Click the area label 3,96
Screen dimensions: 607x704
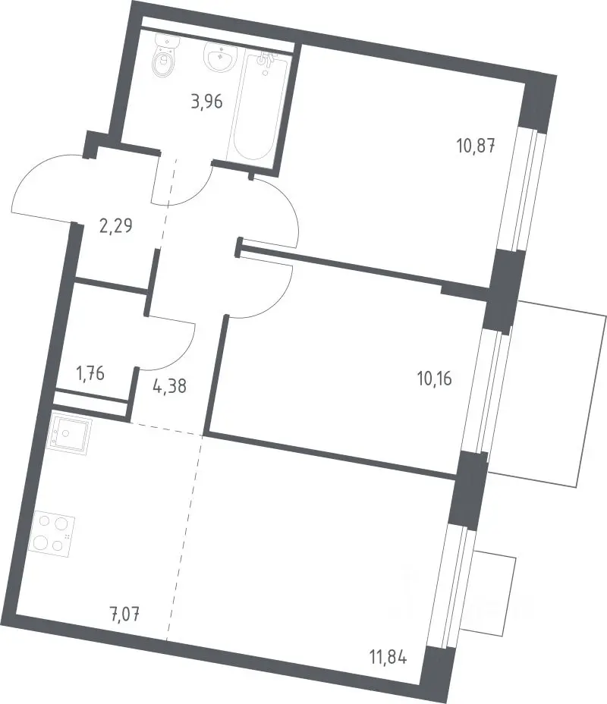[x=206, y=102]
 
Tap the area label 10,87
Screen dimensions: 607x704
[x=476, y=146]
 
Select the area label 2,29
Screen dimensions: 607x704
[x=116, y=226]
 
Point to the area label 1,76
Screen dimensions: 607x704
[x=91, y=373]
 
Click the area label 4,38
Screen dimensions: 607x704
[x=170, y=385]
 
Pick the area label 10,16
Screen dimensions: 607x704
[x=434, y=379]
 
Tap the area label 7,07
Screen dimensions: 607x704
[x=123, y=613]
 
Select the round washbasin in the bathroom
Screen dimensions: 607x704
[x=219, y=58]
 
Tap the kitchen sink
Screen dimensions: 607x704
[x=71, y=435]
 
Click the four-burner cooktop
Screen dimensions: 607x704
[x=52, y=534]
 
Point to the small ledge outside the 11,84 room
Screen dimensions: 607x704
[x=489, y=592]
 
